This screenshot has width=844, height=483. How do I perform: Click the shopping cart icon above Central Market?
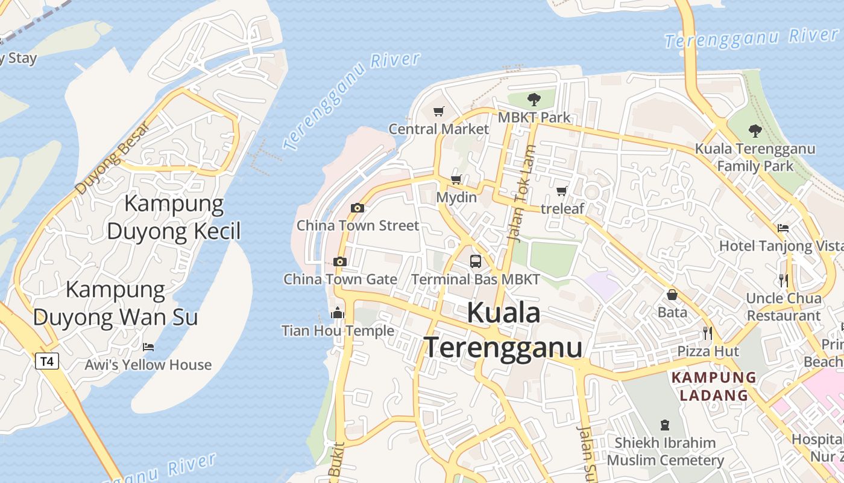point(438,111)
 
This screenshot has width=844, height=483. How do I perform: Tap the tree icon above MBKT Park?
point(534,99)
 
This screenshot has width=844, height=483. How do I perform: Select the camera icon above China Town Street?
point(357,208)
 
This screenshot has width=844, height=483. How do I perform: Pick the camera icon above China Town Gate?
point(340,261)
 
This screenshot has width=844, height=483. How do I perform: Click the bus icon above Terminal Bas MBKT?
point(476,261)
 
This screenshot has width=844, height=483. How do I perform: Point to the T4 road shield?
point(47,362)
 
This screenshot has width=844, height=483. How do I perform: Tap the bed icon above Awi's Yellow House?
point(148,347)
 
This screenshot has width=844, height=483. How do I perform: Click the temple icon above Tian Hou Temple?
point(338,313)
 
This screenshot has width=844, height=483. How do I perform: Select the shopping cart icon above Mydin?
point(456,179)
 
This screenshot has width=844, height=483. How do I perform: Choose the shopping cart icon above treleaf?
point(562,191)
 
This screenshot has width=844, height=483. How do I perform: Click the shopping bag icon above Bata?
point(672,295)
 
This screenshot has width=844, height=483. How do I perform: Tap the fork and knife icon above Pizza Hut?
point(708,333)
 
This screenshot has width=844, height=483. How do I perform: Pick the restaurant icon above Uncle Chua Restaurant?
point(783,280)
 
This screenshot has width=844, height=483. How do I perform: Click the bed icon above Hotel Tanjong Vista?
point(783,228)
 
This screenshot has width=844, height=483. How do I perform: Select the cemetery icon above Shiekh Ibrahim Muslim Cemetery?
point(665,425)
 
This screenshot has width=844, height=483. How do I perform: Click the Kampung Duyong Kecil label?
point(174,217)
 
